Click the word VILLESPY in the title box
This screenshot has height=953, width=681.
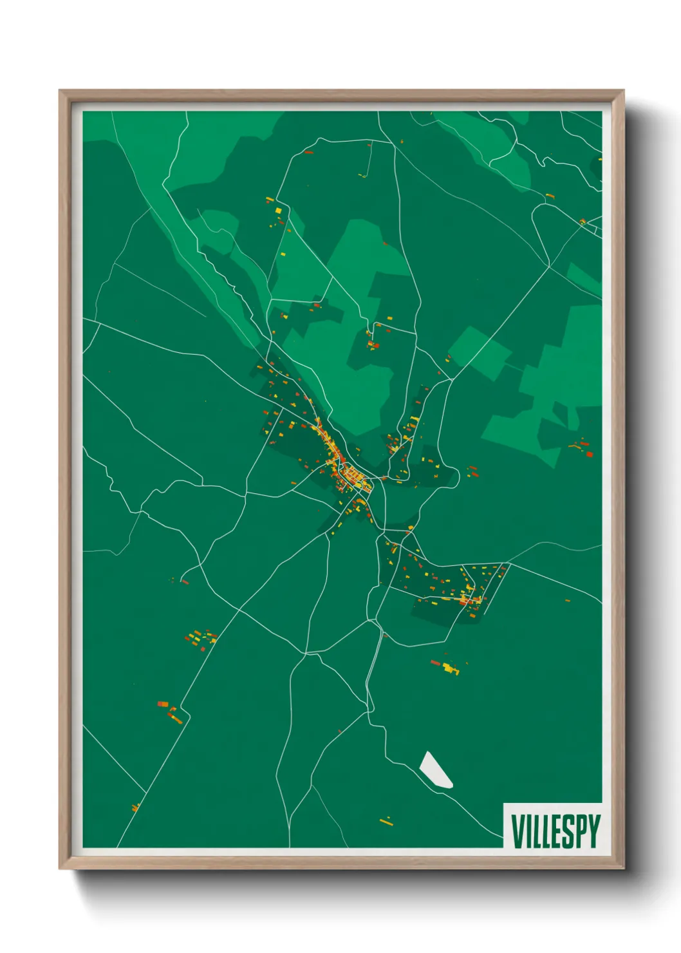point(555,831)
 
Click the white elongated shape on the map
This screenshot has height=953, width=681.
point(436,769)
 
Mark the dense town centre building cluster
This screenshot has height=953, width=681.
point(348,473)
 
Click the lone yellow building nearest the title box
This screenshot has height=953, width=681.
point(386,821)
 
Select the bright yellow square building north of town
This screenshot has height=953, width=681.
point(277,211)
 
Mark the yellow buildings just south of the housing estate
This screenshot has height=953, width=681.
point(449,667)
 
